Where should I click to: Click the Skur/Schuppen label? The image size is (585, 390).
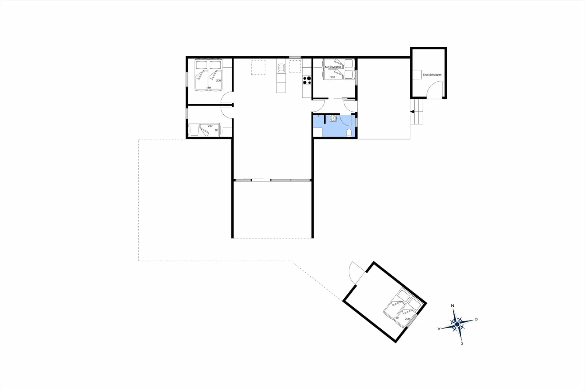pyautogui.click(x=432, y=75)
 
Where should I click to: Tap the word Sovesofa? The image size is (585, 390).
pyautogui.click(x=335, y=67)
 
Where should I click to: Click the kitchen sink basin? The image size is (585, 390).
pyautogui.click(x=281, y=68)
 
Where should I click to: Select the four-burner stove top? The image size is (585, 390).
pyautogui.click(x=307, y=80)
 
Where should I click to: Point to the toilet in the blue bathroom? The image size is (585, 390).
pyautogui.click(x=349, y=133)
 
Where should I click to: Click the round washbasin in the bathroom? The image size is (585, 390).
pyautogui.click(x=333, y=118)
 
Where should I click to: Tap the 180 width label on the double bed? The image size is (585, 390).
pyautogui.click(x=208, y=88)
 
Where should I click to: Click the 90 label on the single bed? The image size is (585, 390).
pyautogui.click(x=217, y=130)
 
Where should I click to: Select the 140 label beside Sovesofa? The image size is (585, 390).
pyautogui.click(x=327, y=67)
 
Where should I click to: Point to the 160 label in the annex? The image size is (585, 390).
pyautogui.click(x=396, y=318)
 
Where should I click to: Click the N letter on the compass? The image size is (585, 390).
pyautogui.click(x=452, y=306)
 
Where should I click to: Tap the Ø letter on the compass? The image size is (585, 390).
pyautogui.click(x=476, y=319)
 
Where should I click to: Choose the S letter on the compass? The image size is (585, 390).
pyautogui.click(x=462, y=343)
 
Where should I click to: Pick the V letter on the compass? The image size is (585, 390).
pyautogui.click(x=439, y=329)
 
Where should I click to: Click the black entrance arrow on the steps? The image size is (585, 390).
pyautogui.click(x=412, y=112)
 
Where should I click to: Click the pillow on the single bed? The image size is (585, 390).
pyautogui.click(x=194, y=130)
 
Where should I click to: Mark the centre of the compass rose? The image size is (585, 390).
pyautogui.click(x=457, y=324)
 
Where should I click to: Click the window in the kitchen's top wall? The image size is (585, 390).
pyautogui.click(x=295, y=57)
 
